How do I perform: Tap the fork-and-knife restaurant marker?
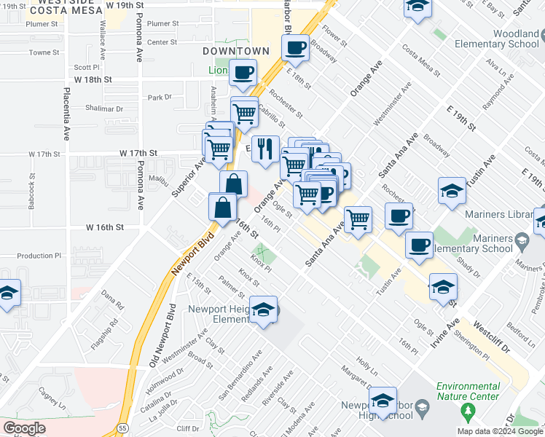tap(266, 149)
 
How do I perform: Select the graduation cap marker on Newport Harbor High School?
tap(383, 401)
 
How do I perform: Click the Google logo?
tap(24, 428)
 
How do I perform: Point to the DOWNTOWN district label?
tap(235, 51)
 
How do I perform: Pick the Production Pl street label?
tap(39, 256)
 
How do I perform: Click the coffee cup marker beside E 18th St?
tap(295, 48)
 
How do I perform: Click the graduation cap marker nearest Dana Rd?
tap(7, 294)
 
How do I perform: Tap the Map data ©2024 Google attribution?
tap(499, 431)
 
